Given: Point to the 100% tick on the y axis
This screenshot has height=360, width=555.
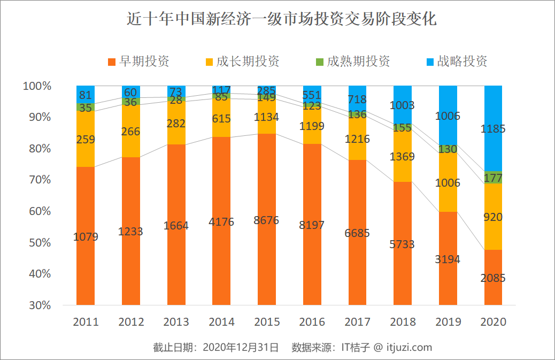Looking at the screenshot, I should coord(37,86).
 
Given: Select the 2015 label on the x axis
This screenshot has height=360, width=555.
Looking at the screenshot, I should coord(267,322).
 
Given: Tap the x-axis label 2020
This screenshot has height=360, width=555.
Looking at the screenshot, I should coord(493,322).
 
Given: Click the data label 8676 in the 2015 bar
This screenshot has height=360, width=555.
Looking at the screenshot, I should coord(267,220).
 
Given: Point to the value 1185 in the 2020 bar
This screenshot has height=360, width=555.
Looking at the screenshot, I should coord(493,129).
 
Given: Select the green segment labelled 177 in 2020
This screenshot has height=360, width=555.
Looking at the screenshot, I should coord(493,178).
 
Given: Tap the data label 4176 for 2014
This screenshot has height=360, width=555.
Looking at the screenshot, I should coord(221,221).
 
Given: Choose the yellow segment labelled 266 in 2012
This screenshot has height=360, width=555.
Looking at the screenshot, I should coord(131,132).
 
